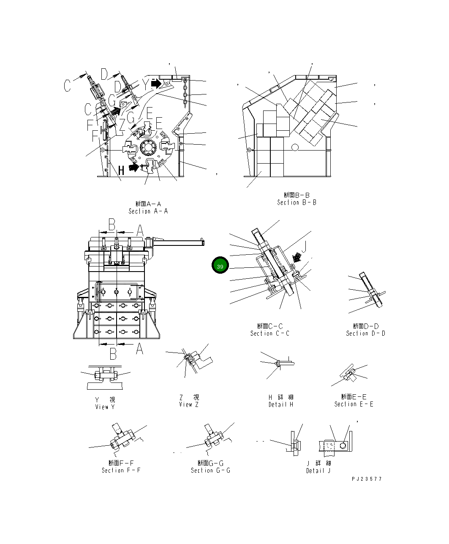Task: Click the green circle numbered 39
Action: pyautogui.click(x=220, y=266)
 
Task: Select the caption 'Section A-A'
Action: pyautogui.click(x=148, y=211)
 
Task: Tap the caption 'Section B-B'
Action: pyautogui.click(x=297, y=202)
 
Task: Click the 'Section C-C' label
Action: pyautogui.click(x=269, y=333)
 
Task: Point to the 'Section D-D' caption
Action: pyautogui.click(x=365, y=333)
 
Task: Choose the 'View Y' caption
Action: pyautogui.click(x=105, y=407)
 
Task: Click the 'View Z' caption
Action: pyautogui.click(x=188, y=404)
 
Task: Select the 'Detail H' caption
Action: pyautogui.click(x=280, y=404)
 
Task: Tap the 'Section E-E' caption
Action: pyautogui.click(x=354, y=404)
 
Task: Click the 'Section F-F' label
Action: pyautogui.click(x=121, y=470)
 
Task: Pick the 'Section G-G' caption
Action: pyautogui.click(x=210, y=470)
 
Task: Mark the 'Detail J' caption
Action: pyautogui.click(x=318, y=471)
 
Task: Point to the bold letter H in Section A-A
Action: pyautogui.click(x=121, y=170)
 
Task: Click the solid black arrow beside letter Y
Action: pyautogui.click(x=156, y=84)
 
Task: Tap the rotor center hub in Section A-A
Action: pyautogui.click(x=148, y=148)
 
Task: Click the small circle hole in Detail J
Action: pyautogui.click(x=343, y=445)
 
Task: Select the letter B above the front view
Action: pyautogui.click(x=112, y=225)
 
